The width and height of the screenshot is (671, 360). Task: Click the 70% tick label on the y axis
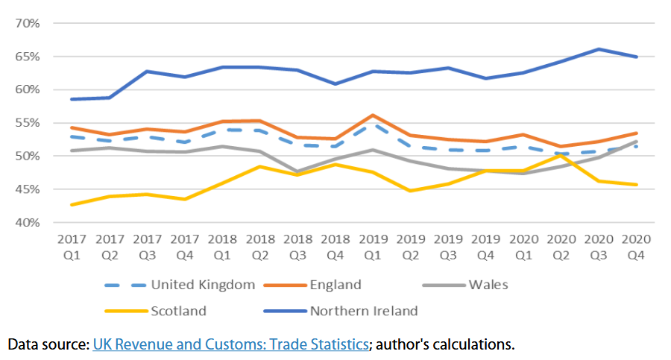[28, 23]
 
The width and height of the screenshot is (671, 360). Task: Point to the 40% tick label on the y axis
[28, 222]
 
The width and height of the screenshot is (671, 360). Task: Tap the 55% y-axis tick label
[28, 123]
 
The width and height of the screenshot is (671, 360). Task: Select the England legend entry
[335, 285]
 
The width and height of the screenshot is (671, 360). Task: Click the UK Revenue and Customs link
[230, 345]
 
